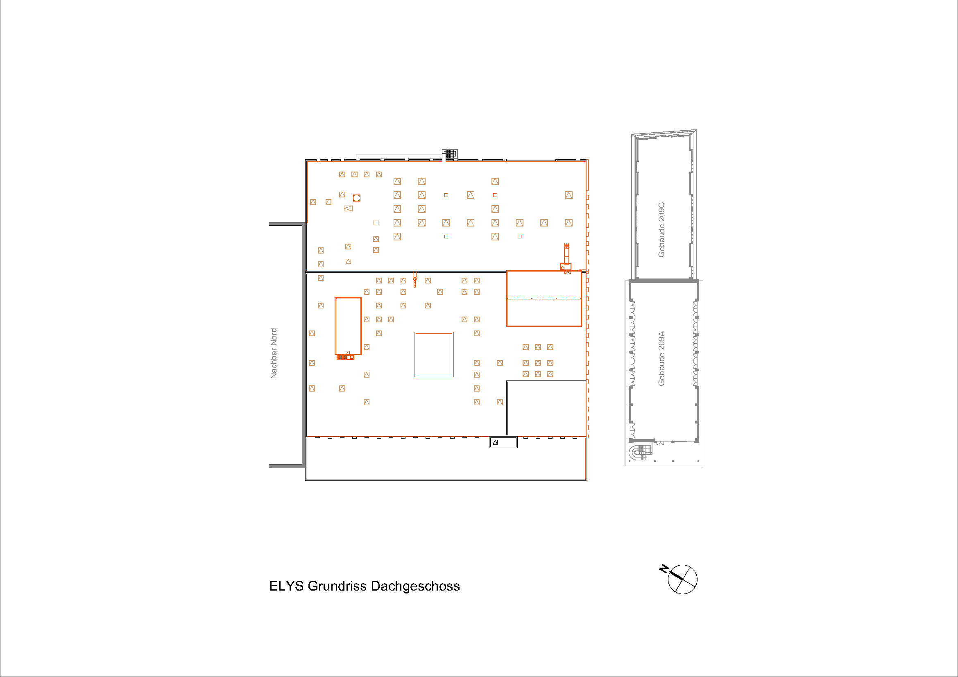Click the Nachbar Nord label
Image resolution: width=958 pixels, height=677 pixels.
[x=274, y=353]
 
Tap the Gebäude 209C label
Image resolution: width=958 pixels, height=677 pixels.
[x=661, y=230]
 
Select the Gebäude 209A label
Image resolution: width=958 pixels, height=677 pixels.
[x=661, y=359]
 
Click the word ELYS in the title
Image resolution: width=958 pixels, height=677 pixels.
[x=286, y=586]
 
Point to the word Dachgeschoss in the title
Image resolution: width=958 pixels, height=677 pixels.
[x=415, y=586]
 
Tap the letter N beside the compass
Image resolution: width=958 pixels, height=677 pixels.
[x=664, y=568]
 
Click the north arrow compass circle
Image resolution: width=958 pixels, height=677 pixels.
[x=683, y=580]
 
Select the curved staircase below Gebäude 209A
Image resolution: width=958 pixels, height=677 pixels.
[x=641, y=452]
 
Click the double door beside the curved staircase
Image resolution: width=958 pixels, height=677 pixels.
[x=660, y=442]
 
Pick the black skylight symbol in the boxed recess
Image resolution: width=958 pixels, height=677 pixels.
[x=495, y=443]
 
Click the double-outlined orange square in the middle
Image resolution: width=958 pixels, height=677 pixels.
[x=434, y=355]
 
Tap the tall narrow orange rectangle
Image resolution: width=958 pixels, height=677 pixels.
[x=348, y=326]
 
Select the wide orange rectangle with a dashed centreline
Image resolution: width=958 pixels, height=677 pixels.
[x=544, y=299]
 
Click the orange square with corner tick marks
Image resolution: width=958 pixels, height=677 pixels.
[x=357, y=198]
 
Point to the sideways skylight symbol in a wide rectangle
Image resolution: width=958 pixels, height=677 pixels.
[x=349, y=208]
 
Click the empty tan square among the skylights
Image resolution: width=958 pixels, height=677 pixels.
[x=376, y=223]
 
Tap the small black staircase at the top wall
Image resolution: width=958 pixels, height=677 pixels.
[x=450, y=154]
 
